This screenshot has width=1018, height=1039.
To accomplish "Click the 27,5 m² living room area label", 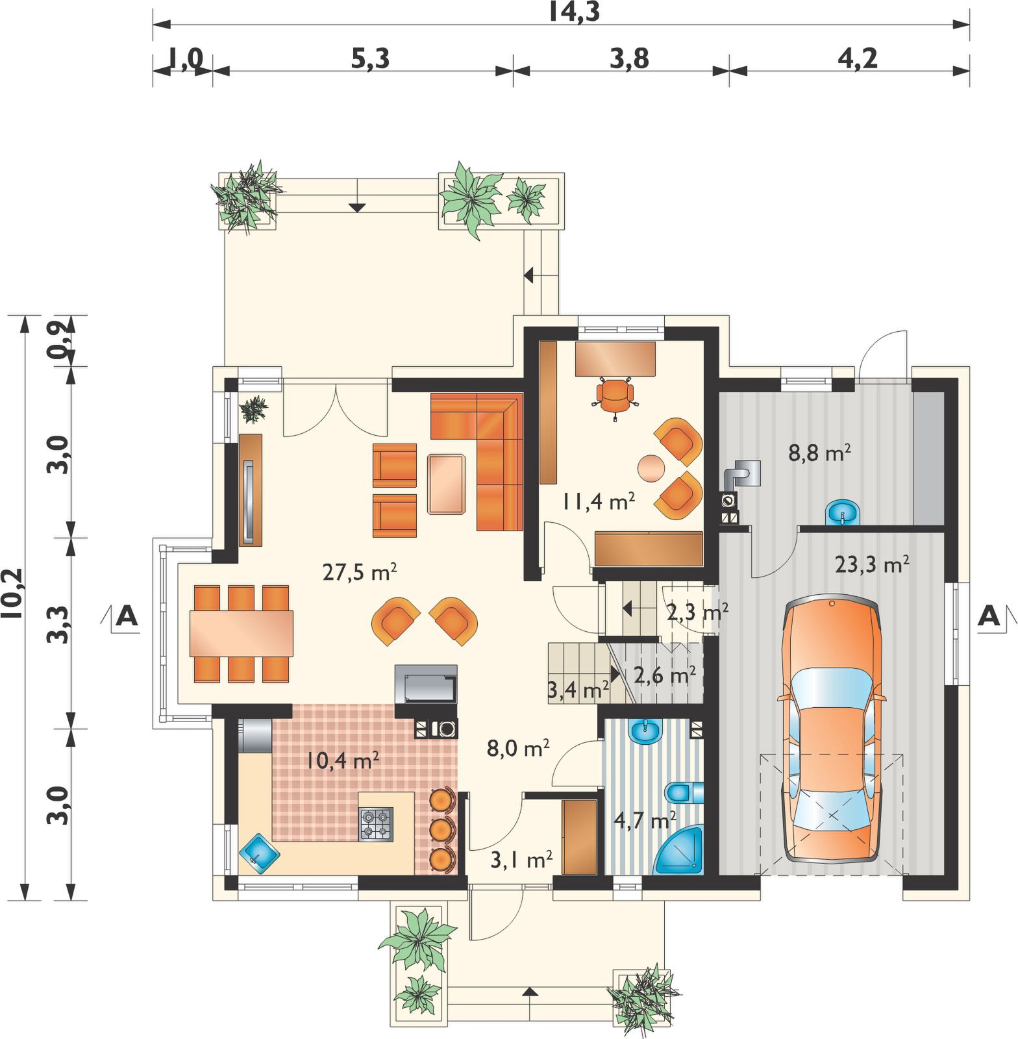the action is tap(360, 571).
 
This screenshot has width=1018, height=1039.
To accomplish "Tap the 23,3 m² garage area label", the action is tap(871, 564).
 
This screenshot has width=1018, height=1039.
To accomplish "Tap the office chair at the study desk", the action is tap(614, 397).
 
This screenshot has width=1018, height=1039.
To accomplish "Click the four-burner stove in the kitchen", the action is tap(376, 824).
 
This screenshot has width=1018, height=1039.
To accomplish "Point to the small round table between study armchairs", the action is tap(651, 468).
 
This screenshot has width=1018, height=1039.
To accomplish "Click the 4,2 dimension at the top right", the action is tap(857, 59).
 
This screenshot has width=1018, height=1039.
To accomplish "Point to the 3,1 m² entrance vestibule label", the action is tap(521, 860).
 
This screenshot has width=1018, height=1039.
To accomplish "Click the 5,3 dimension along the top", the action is tap(370, 59).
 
